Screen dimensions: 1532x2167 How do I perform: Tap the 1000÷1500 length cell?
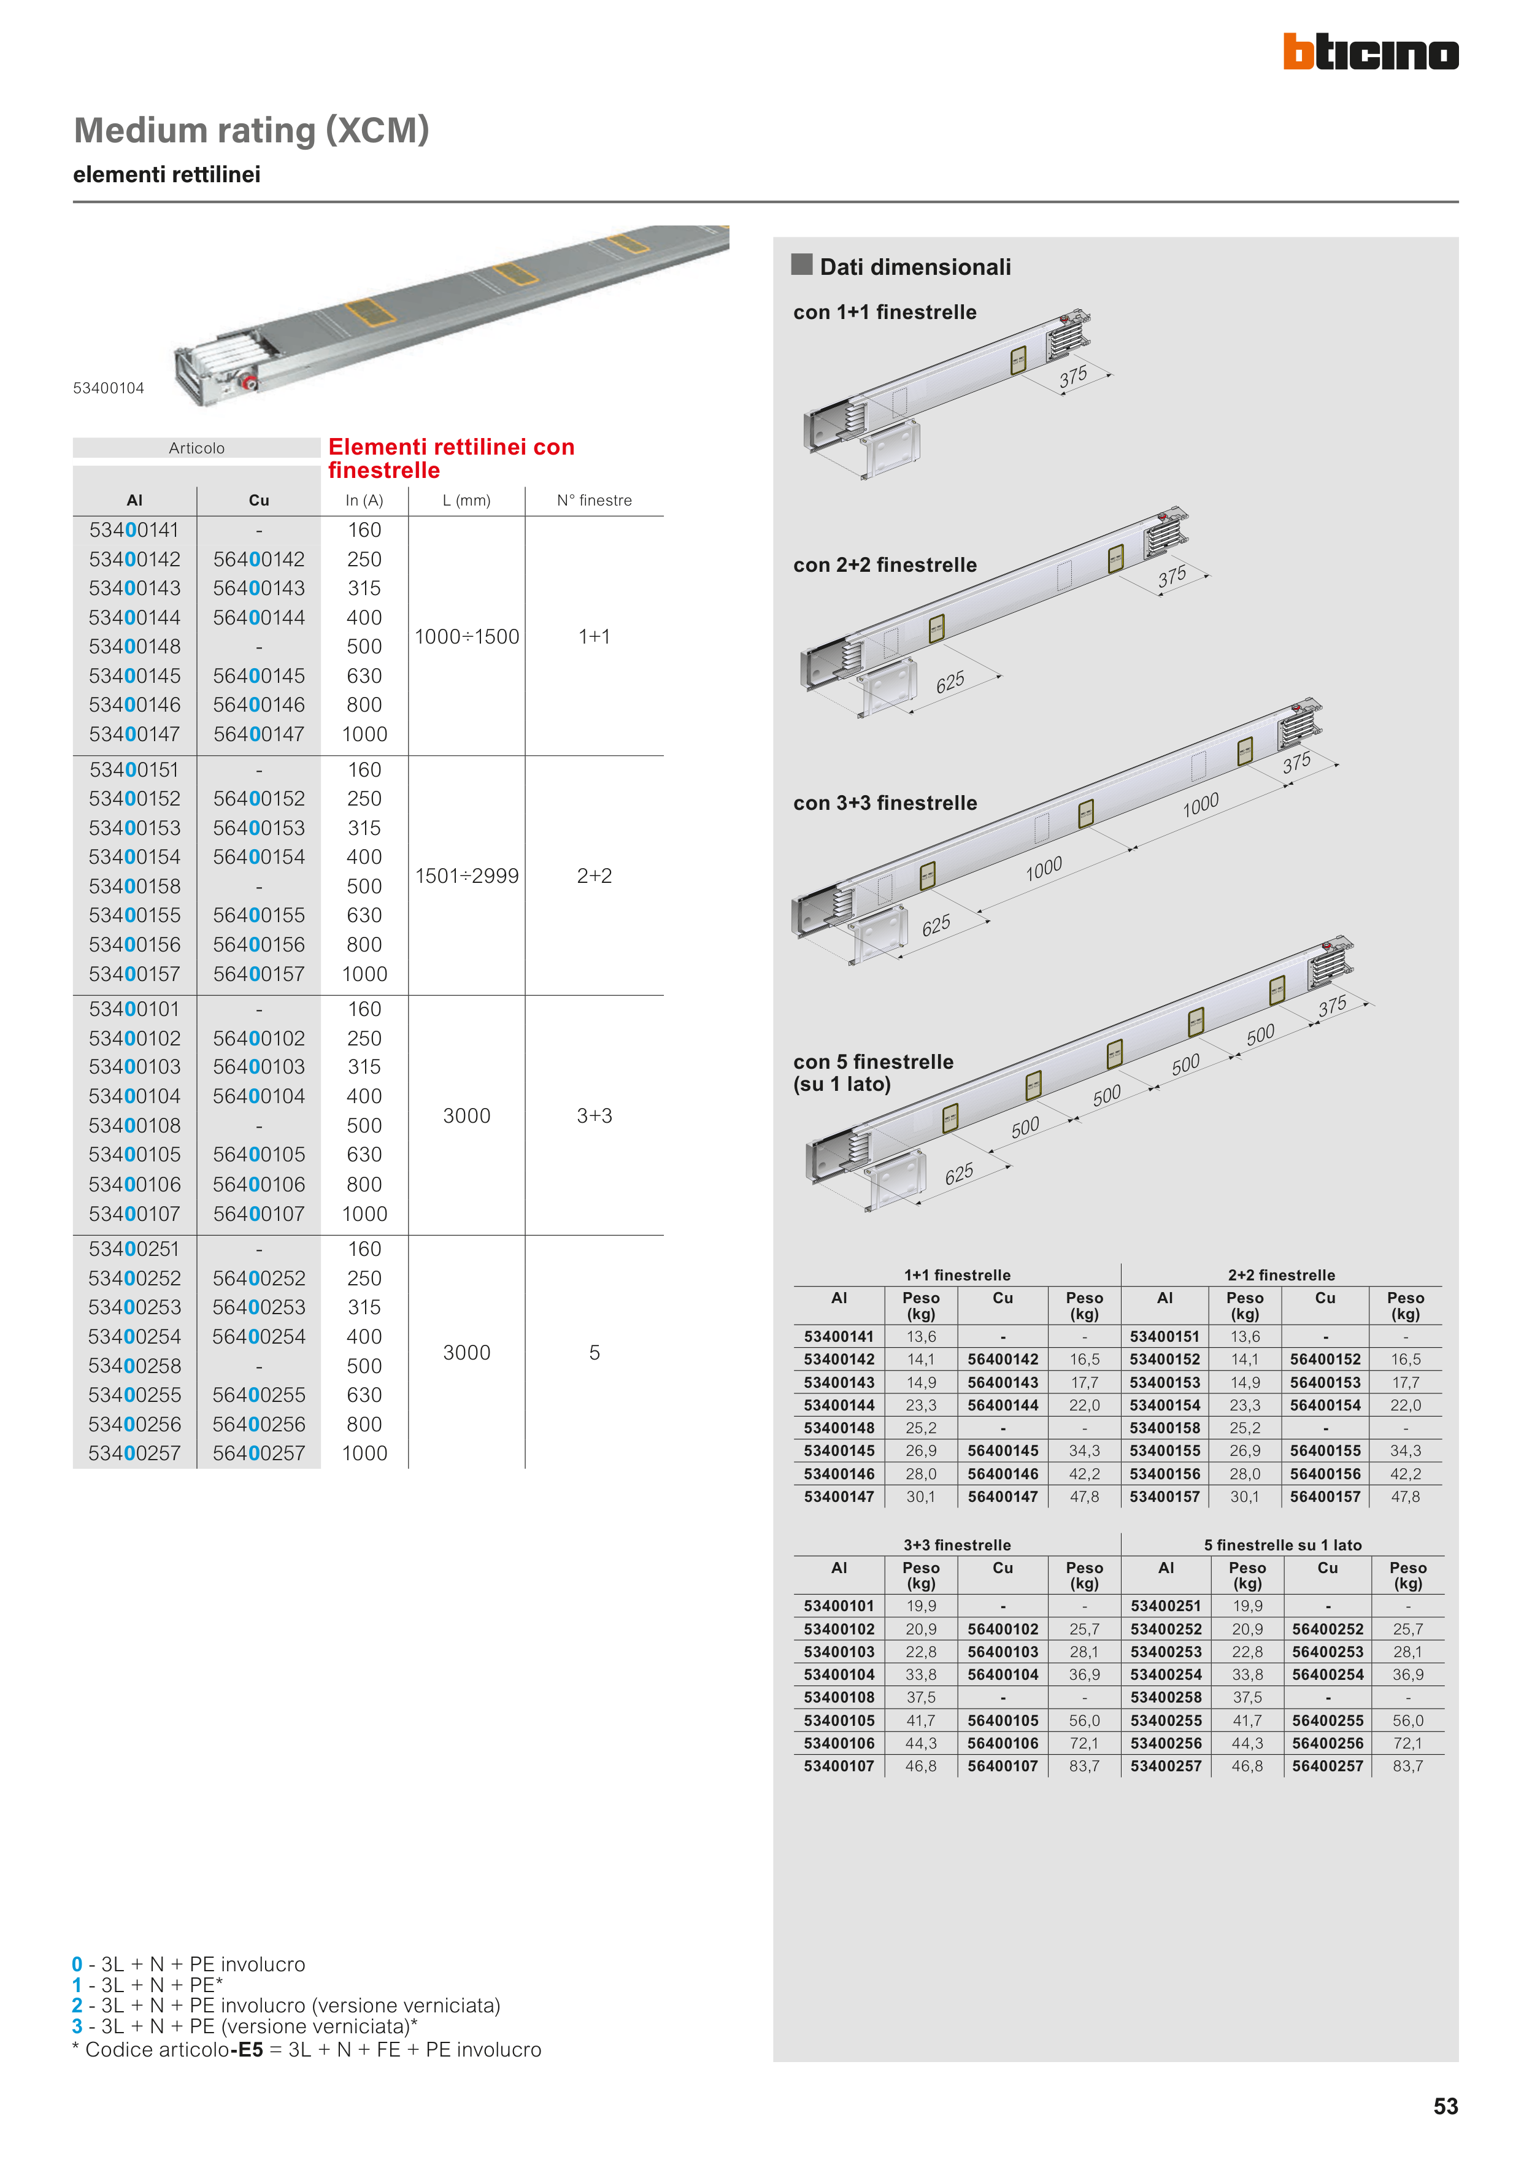click(468, 636)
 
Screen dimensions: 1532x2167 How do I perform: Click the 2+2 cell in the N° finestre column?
click(595, 876)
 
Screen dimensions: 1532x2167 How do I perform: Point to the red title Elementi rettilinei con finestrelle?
click(451, 459)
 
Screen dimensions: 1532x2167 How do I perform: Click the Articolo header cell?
click(196, 448)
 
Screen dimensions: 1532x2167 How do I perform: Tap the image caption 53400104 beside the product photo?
click(109, 388)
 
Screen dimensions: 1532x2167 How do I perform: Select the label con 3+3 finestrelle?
click(885, 803)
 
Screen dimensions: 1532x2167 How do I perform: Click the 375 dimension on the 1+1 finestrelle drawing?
click(1073, 377)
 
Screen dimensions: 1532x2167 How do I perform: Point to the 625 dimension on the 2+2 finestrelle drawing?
click(950, 682)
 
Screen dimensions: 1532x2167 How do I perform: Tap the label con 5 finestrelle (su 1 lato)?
click(873, 1072)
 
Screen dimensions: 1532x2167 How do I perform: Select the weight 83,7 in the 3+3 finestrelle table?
click(1085, 1765)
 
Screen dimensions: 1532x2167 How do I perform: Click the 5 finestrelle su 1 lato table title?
click(1283, 1545)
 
